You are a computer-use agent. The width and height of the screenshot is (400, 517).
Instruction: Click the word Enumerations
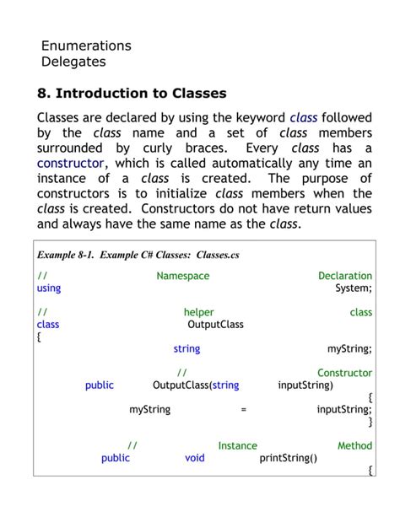pos(86,46)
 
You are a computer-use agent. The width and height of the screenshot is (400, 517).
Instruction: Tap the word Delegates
pos(74,62)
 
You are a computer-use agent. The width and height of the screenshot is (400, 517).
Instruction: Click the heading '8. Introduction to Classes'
pos(132,93)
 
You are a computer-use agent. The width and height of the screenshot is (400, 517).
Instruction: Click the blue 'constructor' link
pos(71,163)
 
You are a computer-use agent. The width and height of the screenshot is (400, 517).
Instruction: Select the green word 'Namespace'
pos(183,276)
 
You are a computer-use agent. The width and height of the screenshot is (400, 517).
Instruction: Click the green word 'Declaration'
pos(345,276)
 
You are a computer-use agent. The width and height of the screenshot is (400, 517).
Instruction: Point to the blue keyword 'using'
pos(49,288)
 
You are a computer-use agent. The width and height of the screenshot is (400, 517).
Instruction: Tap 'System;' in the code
pos(354,288)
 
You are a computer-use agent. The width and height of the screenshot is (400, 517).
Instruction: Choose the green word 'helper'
pos(198,312)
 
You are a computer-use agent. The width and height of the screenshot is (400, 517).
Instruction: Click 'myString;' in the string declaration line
pos(349,348)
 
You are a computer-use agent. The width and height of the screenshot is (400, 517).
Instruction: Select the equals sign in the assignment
pos(243,409)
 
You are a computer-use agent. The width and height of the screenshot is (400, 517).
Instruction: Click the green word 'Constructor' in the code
pos(344,373)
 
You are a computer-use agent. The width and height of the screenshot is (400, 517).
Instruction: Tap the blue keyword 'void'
pos(195,458)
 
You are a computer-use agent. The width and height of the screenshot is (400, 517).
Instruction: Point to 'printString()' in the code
pos(289,458)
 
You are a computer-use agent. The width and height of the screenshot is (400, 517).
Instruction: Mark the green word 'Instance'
pos(237,445)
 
